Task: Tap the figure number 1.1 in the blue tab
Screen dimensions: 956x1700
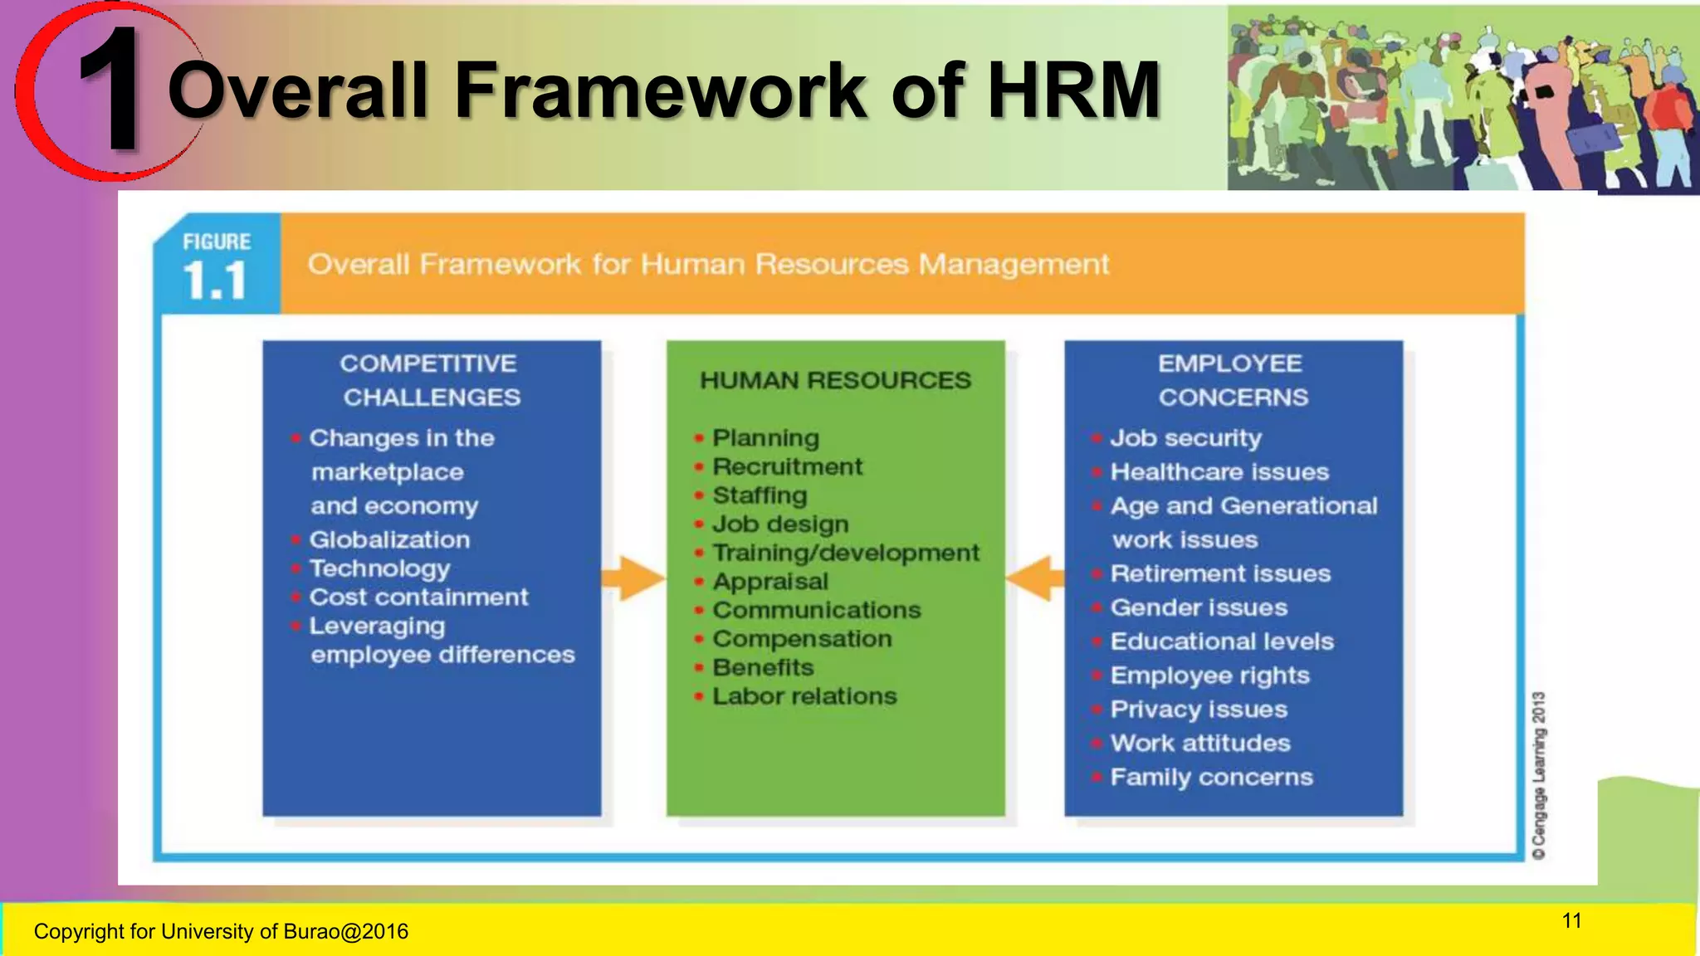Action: tap(215, 280)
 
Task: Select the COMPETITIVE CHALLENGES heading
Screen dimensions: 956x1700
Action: tap(430, 380)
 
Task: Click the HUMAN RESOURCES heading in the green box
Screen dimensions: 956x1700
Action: tap(835, 380)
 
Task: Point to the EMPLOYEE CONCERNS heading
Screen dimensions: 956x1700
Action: tap(1232, 380)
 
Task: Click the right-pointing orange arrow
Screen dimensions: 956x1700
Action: tap(633, 578)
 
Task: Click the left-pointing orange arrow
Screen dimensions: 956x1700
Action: tap(1034, 578)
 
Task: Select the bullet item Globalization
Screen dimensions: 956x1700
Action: tap(389, 539)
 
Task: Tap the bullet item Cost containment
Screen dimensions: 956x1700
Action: tap(418, 597)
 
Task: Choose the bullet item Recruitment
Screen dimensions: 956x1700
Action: tap(787, 466)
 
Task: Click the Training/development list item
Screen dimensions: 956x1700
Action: tap(845, 553)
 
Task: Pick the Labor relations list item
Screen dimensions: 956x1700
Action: tap(804, 696)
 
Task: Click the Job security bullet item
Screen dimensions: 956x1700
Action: tap(1185, 437)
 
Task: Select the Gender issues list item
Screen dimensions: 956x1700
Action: tap(1199, 607)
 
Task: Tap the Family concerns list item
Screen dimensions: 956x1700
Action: tap(1211, 777)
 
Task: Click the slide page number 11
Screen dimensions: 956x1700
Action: tap(1571, 921)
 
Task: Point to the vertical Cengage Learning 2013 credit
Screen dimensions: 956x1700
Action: tap(1539, 775)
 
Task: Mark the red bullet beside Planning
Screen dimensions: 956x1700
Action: tap(699, 437)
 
